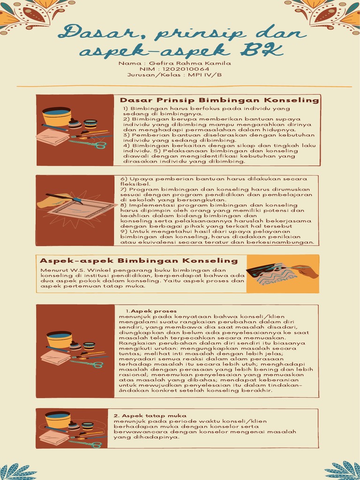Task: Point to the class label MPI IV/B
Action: [x=204, y=75]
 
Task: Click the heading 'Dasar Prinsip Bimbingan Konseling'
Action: [x=219, y=100]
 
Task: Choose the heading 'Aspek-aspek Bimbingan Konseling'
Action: [x=139, y=261]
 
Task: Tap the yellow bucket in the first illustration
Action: [x=56, y=116]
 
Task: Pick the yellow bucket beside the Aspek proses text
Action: [x=59, y=339]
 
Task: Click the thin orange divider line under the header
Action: [x=184, y=87]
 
